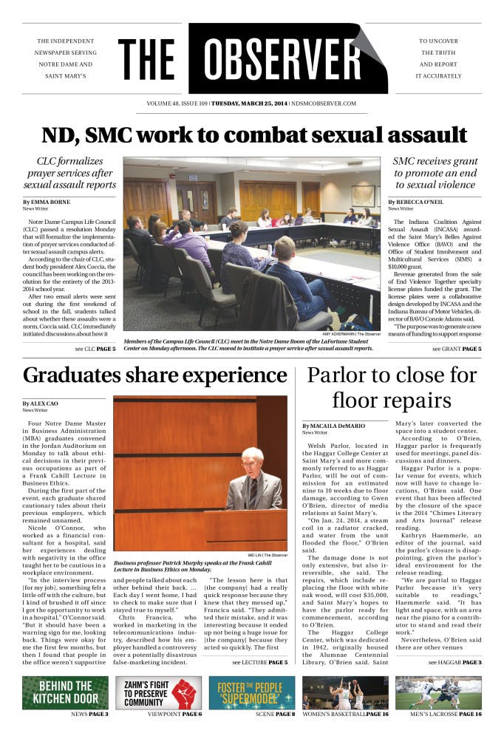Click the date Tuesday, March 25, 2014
[x=249, y=103]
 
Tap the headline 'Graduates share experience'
[x=155, y=376]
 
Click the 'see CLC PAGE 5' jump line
[x=95, y=348]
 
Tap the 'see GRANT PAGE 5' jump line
[x=456, y=348]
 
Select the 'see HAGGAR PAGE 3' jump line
[x=454, y=661]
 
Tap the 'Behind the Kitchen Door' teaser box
[x=65, y=692]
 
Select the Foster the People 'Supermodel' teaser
[x=251, y=692]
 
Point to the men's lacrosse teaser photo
[x=439, y=692]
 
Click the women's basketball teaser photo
[x=345, y=692]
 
